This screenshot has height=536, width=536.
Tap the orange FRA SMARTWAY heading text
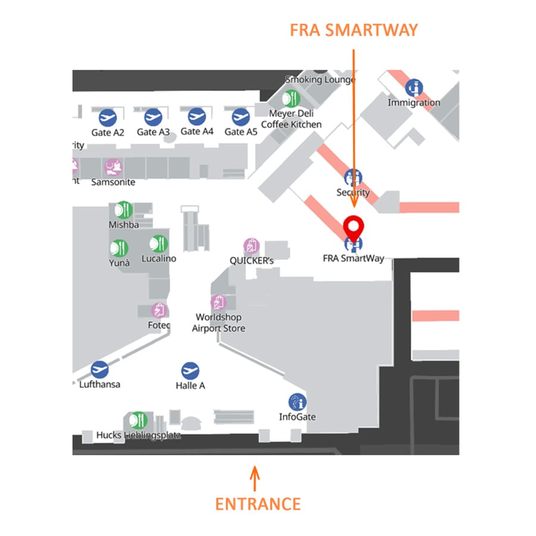tap(354, 30)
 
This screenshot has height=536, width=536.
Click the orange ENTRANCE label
tap(257, 504)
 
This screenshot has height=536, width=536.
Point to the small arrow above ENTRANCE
tap(255, 478)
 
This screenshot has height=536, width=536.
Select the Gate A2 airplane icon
tap(108, 117)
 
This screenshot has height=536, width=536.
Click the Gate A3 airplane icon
tap(153, 117)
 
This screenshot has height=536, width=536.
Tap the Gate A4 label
tap(197, 131)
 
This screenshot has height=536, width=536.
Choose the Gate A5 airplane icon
tap(241, 117)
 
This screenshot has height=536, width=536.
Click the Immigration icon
tap(414, 88)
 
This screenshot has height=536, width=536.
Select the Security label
tap(353, 192)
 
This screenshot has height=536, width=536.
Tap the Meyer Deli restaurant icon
tap(291, 98)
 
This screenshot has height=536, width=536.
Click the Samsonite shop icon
tap(113, 167)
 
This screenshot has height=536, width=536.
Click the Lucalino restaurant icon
tap(158, 244)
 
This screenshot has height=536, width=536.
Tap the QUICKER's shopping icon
tap(251, 246)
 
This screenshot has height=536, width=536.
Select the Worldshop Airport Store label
tap(219, 323)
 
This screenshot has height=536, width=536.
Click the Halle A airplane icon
tap(190, 370)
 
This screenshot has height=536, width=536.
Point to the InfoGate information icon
tap(297, 403)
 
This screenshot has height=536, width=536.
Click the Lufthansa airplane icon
tap(99, 370)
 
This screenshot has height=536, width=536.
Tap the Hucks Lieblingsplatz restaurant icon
tap(139, 420)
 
